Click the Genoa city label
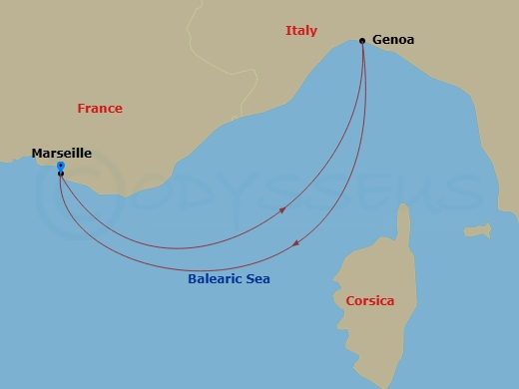click(392, 41)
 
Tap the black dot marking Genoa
click(361, 41)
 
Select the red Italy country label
click(300, 31)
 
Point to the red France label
click(100, 109)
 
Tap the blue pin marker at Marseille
click(61, 165)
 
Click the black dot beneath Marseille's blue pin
click(61, 174)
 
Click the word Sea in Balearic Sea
click(258, 279)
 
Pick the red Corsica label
click(369, 300)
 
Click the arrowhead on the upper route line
click(283, 210)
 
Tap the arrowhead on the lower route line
click(295, 243)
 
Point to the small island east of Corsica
click(477, 230)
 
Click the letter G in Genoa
click(376, 41)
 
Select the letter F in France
click(81, 109)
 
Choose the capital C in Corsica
click(349, 300)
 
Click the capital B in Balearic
click(192, 279)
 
